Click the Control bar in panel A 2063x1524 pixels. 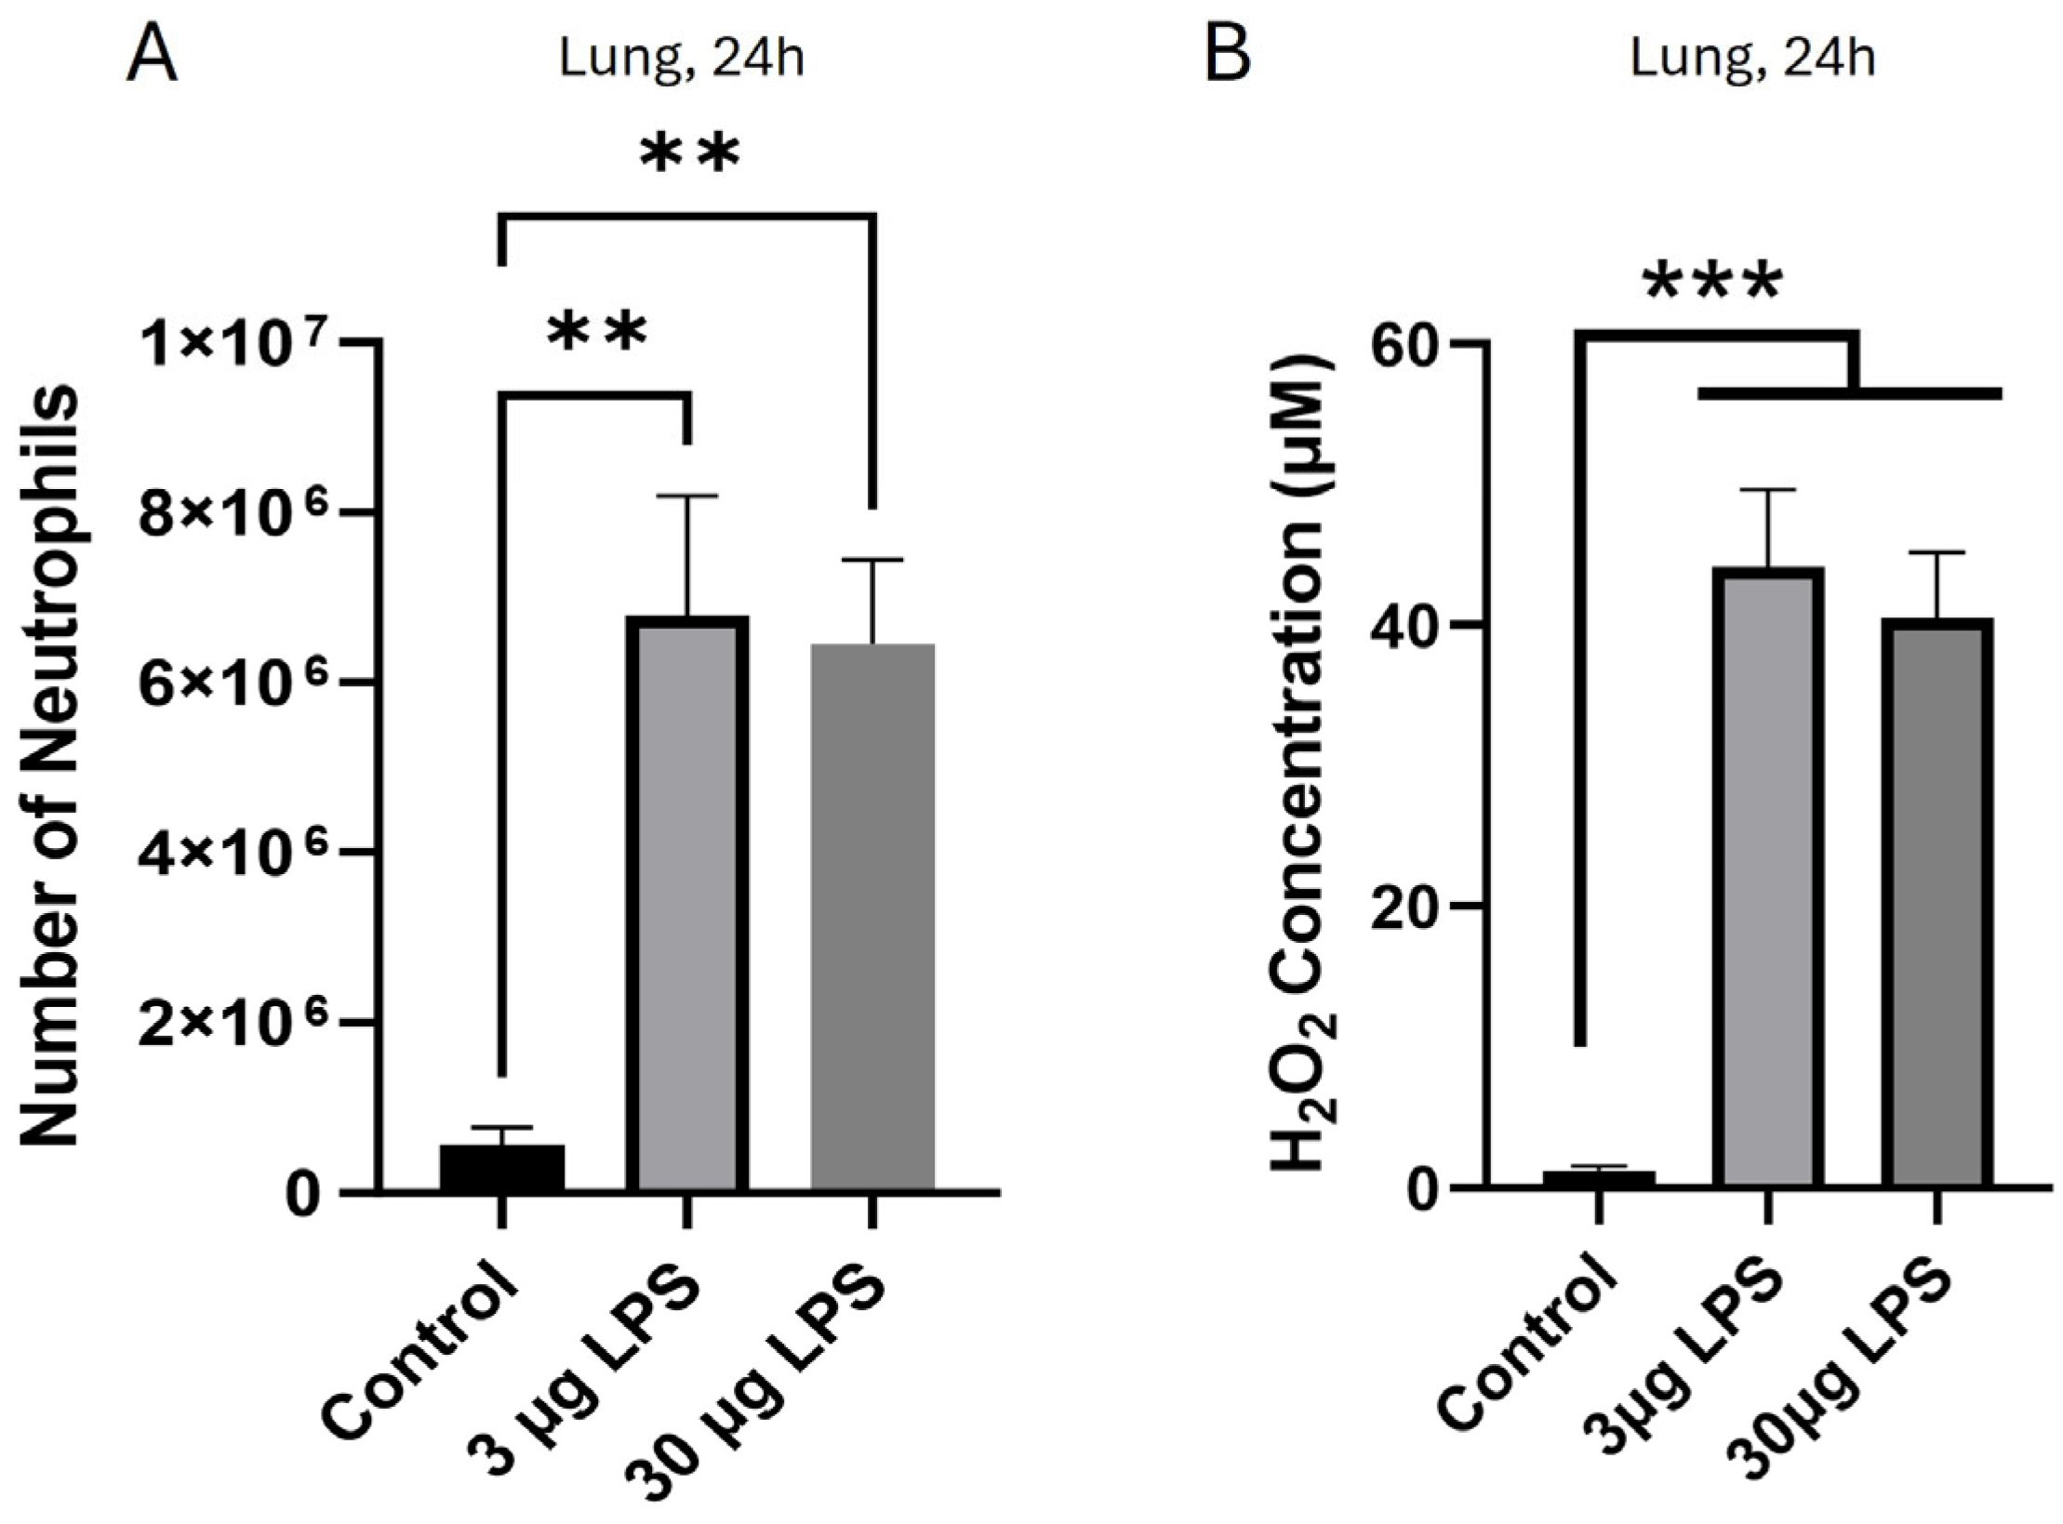click(501, 1167)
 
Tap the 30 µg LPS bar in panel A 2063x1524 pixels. click(872, 916)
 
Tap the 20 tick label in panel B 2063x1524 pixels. click(1408, 907)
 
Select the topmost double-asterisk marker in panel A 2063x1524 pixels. click(690, 156)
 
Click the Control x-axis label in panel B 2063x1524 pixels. click(1525, 1344)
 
